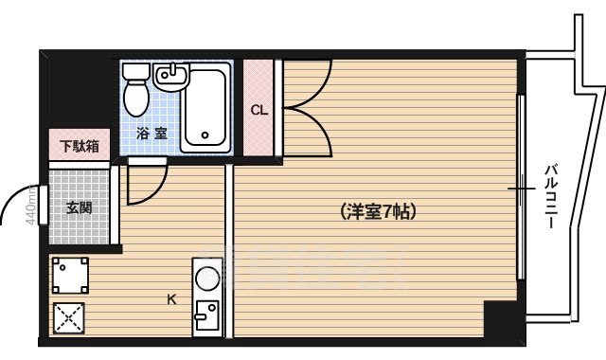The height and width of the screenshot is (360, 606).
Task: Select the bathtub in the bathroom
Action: coord(208,107)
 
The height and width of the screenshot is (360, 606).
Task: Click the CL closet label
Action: coord(258,109)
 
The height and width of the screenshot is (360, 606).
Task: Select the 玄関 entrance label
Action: coord(79,207)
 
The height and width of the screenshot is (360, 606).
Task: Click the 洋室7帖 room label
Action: coord(378,212)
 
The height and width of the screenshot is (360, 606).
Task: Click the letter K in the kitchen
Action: coord(171,299)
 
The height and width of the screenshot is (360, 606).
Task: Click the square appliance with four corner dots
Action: coord(70,276)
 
